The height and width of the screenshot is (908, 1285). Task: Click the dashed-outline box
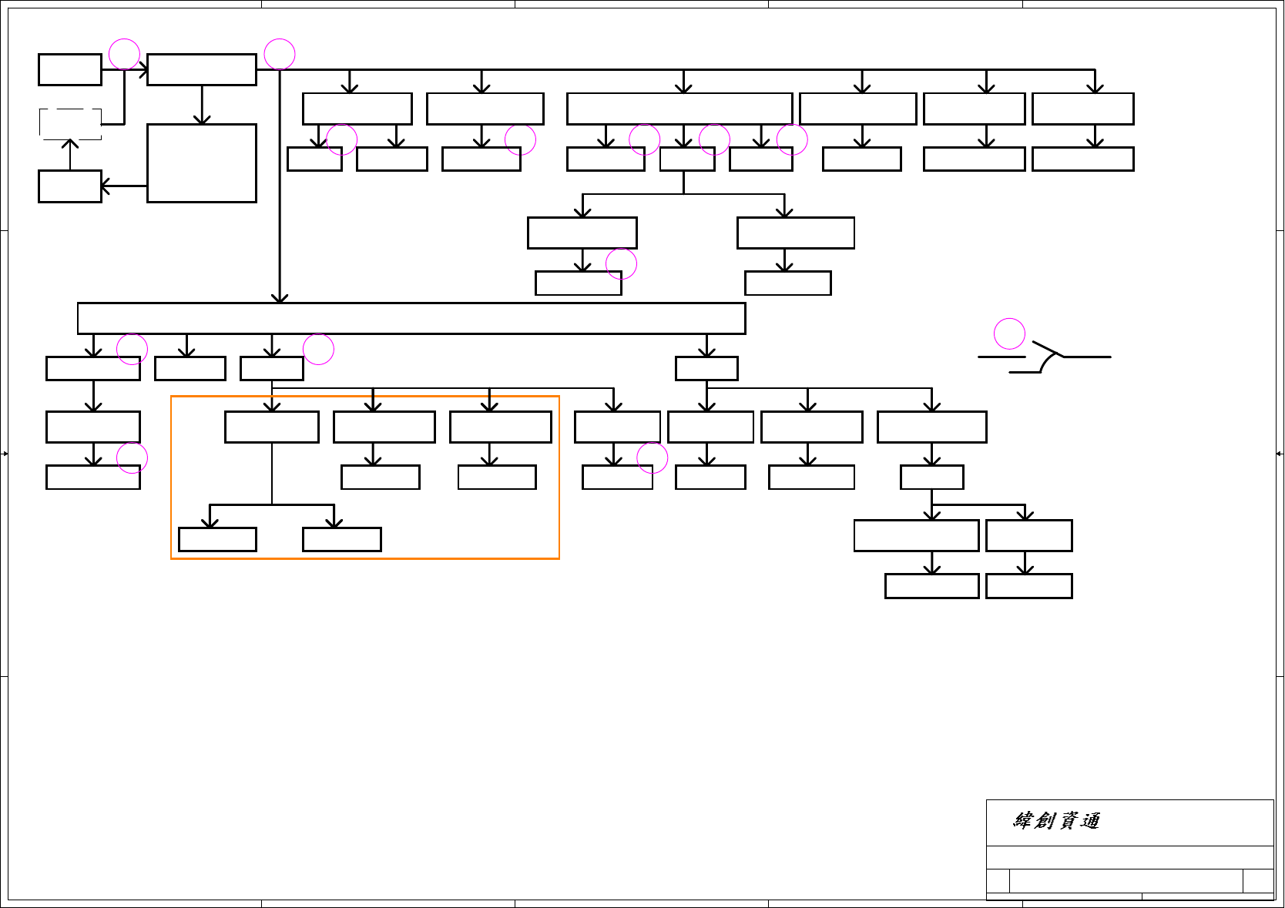70,124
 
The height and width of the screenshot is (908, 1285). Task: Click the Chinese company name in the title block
1056,821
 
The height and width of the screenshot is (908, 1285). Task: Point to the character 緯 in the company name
1023,821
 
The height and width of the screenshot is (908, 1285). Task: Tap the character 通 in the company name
1089,821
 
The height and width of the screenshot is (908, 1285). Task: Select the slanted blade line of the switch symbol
1047,349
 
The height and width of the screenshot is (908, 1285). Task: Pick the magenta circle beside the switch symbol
1009,333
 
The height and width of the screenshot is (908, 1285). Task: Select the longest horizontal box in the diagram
411,318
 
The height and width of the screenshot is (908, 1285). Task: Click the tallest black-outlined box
202,163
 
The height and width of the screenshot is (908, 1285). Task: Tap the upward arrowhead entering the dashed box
70,143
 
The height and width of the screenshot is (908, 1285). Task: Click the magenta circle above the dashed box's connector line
124,55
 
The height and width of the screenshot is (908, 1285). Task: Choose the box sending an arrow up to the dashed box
70,186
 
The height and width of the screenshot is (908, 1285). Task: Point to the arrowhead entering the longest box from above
280,297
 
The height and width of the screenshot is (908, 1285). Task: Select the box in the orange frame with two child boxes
272,427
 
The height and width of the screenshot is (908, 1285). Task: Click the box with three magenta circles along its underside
679,109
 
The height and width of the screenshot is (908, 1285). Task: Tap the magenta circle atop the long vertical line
280,55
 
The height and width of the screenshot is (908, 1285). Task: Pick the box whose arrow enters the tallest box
202,69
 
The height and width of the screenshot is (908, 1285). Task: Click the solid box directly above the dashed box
70,69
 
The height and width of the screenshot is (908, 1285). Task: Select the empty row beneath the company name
1129,857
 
